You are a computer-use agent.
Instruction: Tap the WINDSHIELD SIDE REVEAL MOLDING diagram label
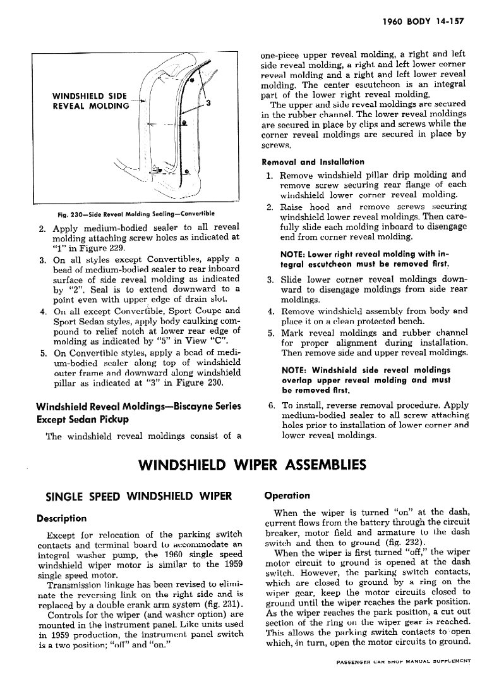90,101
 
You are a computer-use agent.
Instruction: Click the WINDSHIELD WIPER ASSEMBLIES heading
251,465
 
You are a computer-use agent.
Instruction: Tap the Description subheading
62,518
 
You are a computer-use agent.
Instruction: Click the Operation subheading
287,496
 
